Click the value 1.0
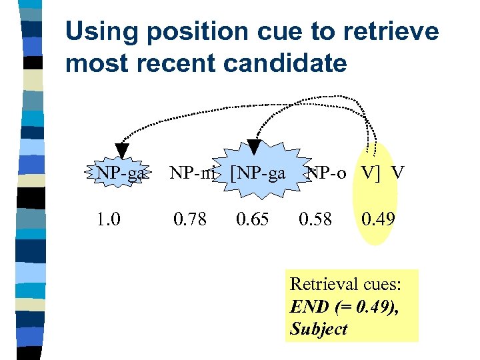tap(109, 219)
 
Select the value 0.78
tap(190, 219)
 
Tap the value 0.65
tap(253, 219)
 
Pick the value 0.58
tap(315, 219)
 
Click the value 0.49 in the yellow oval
tap(378, 219)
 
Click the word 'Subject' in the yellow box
tap(319, 329)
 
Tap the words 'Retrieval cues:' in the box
tap(345, 284)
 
